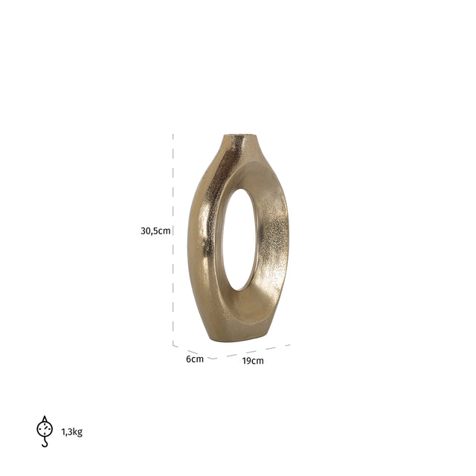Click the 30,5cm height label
coord(155,231)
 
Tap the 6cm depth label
coord(194,359)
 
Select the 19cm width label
coord(253,361)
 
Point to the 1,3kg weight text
coord(72,432)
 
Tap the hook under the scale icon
coord(45,443)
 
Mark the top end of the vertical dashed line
coord(173,135)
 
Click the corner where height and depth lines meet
coord(173,345)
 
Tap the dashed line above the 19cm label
coord(253,350)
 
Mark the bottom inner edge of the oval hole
coord(237,289)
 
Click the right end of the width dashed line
coord(289,344)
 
